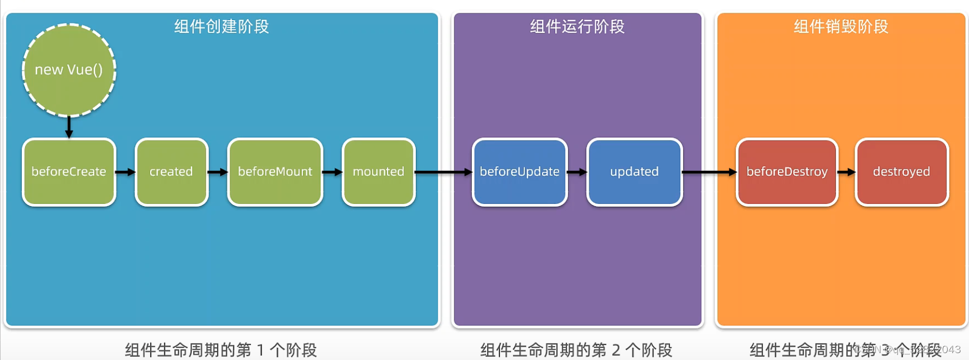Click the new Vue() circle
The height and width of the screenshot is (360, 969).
point(69,70)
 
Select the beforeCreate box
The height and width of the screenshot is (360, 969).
point(69,172)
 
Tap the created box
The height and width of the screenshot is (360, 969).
point(171,172)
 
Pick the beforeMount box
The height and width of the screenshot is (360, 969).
point(275,172)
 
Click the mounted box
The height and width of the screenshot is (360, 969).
point(379,172)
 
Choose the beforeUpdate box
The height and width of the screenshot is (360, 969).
point(520,172)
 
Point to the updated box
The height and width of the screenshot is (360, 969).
point(634,172)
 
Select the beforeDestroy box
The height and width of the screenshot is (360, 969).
point(787,172)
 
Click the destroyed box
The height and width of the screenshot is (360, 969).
point(901,172)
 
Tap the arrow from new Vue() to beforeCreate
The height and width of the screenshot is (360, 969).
point(69,127)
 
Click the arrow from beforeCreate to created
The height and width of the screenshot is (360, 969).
point(125,172)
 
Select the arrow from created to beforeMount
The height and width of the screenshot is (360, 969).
point(218,172)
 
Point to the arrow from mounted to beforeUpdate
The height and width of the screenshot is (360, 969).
point(444,172)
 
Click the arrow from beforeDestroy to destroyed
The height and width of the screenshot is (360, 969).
point(847,172)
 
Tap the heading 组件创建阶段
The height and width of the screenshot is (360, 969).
point(221,27)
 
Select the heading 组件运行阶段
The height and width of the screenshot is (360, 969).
point(577,27)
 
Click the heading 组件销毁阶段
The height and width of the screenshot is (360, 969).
point(841,27)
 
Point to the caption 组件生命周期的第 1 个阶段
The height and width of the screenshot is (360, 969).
point(221,350)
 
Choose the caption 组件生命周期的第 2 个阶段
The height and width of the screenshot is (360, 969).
point(576,350)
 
